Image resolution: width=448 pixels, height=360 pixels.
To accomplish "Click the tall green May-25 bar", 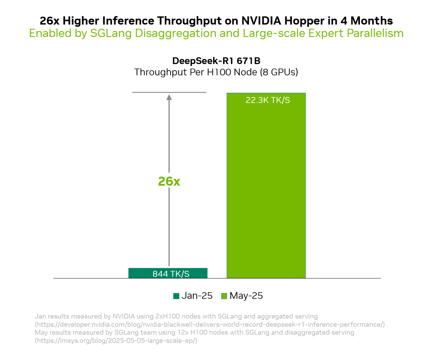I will point(266,187).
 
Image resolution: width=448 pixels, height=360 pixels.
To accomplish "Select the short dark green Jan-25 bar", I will point(168,273).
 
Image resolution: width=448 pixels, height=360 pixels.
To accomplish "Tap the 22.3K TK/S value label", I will point(268,100).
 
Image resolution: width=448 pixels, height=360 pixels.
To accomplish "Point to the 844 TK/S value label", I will point(171,274).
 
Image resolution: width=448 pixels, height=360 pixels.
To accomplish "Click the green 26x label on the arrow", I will point(169,181).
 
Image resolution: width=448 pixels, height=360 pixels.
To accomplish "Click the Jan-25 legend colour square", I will point(176,296).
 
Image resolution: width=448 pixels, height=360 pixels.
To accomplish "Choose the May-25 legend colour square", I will point(224,296).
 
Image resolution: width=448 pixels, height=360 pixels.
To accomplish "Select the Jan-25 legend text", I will point(197,296).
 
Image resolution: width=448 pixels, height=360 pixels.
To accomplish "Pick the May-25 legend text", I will point(246,296).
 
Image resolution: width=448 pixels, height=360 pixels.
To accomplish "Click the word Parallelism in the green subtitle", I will point(375,33).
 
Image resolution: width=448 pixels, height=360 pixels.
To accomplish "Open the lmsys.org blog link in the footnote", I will point(116,340).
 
